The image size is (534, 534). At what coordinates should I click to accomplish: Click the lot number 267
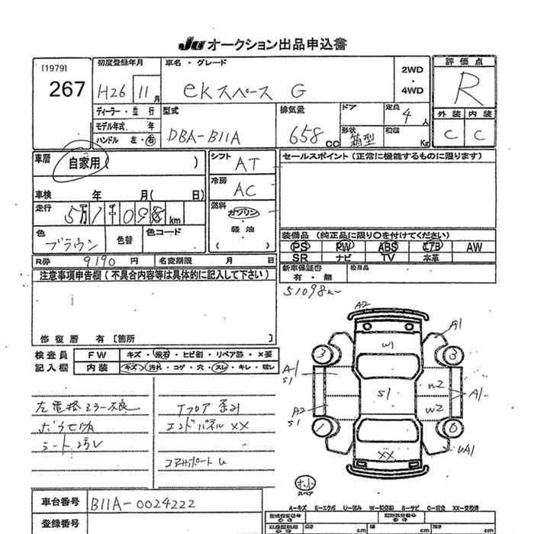[x=67, y=88]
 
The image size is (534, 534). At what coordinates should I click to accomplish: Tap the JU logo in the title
[x=191, y=43]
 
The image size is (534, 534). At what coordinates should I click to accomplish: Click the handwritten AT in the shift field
[x=246, y=162]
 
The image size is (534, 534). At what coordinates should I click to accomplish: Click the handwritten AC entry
[x=245, y=189]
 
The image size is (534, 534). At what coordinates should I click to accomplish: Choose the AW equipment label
[x=474, y=247]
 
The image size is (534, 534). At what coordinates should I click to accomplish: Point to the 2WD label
[x=412, y=69]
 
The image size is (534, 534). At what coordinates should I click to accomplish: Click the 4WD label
[x=412, y=90]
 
